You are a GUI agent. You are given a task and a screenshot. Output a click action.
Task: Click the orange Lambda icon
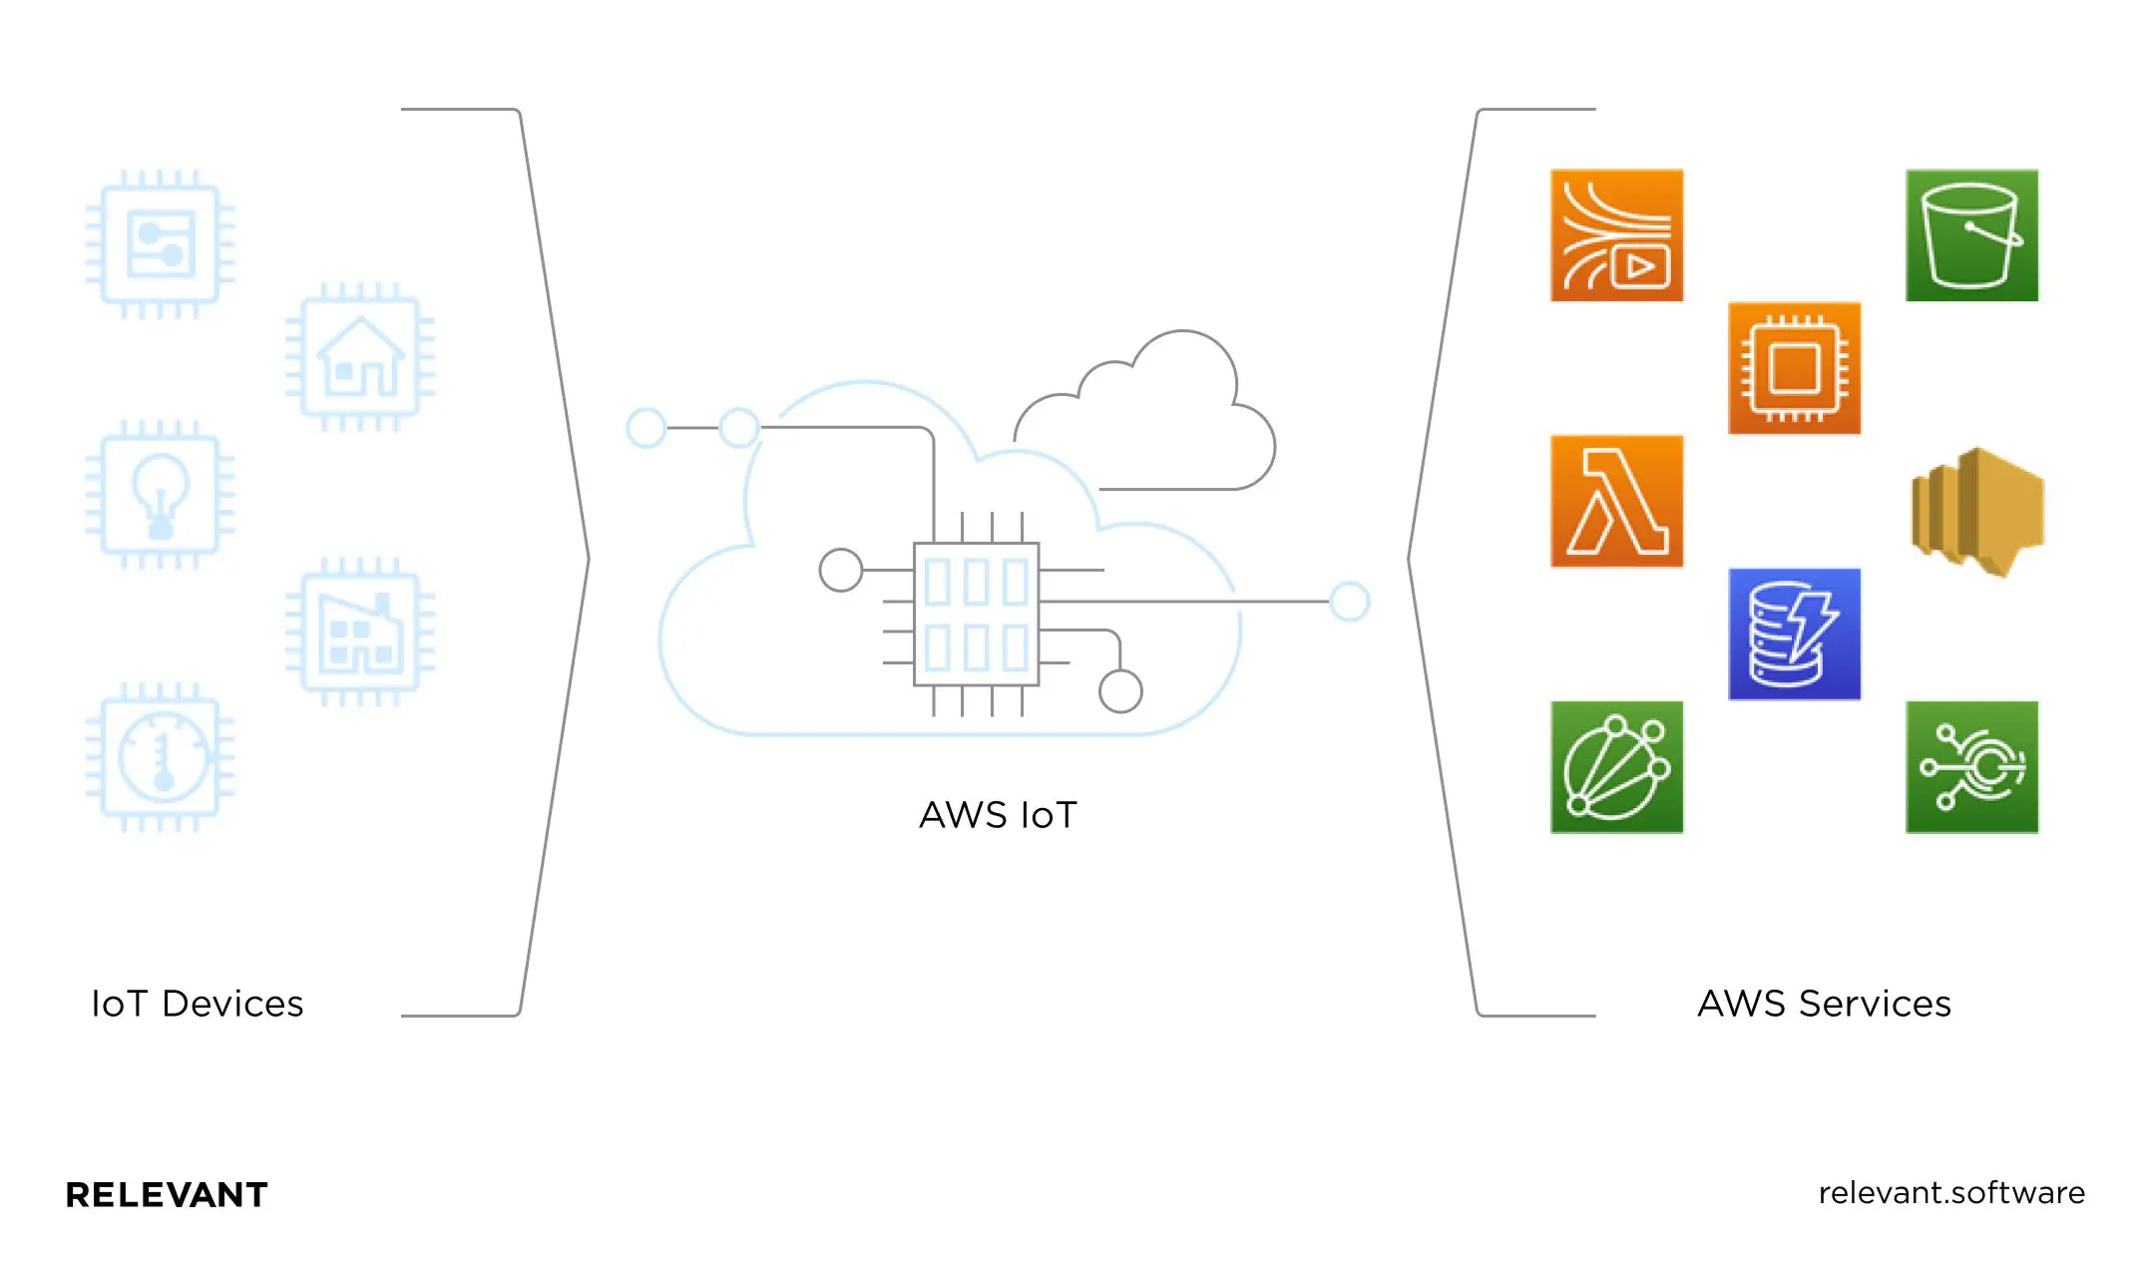point(1616,501)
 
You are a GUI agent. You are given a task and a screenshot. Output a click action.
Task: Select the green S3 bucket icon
point(1971,235)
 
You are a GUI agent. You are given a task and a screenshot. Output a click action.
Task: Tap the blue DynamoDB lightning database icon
point(1794,634)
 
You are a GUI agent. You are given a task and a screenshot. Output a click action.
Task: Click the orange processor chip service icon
point(1794,368)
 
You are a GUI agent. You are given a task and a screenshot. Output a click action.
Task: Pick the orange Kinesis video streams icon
point(1616,235)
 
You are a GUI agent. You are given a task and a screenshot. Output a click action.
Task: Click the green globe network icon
point(1616,767)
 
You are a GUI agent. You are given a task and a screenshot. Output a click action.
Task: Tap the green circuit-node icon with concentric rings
point(1971,767)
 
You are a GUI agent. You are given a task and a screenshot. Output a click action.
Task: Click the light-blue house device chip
point(360,357)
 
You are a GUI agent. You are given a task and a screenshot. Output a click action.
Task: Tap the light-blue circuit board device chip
point(160,244)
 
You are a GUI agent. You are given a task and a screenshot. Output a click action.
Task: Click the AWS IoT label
point(998,815)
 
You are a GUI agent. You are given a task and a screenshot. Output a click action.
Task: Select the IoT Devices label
point(198,1004)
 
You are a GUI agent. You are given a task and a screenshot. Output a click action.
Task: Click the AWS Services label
point(1824,1004)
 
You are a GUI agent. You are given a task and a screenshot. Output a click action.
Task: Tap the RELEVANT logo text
point(167,1194)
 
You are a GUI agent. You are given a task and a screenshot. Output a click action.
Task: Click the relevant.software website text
point(1951,1193)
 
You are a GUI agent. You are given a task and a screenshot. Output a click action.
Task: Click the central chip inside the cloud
point(976,615)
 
